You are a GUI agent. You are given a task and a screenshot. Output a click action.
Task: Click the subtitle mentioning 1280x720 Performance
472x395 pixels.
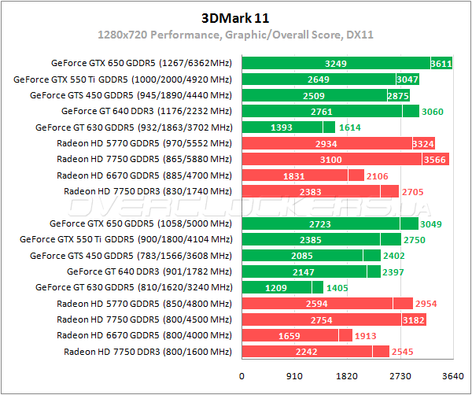(235, 35)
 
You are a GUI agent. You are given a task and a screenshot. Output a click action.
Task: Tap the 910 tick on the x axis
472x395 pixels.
(294, 376)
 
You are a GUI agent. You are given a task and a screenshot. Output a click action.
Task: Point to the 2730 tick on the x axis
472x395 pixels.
(400, 376)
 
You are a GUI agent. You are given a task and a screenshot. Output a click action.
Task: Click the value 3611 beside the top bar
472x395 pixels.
(441, 63)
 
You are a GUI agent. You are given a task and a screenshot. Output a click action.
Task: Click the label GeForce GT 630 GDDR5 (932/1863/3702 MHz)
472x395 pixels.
(134, 127)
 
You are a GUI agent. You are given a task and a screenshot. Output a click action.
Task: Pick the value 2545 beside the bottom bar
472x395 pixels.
(402, 352)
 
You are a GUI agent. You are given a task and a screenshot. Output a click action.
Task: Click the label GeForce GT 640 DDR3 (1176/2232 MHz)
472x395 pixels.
(146, 111)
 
